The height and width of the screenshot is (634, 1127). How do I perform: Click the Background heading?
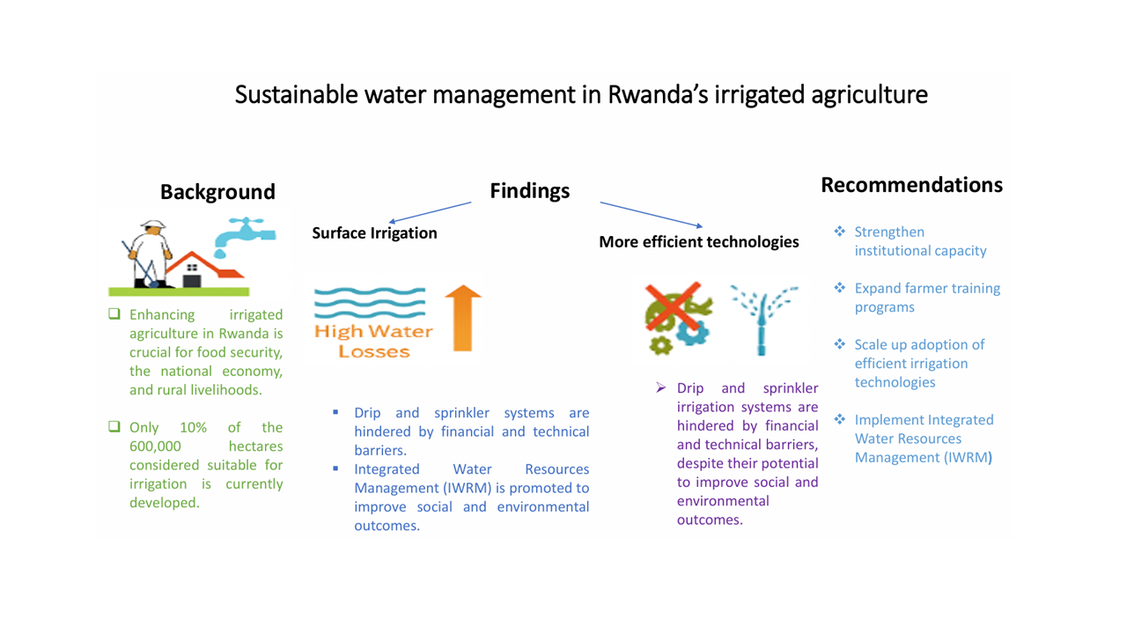click(217, 192)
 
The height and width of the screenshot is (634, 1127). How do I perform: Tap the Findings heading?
click(530, 191)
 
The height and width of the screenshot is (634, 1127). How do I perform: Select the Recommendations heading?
click(911, 185)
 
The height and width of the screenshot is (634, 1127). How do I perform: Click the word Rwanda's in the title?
click(658, 94)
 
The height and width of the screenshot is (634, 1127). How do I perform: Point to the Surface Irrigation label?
click(374, 233)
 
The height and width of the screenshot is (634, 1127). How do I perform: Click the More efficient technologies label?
click(699, 241)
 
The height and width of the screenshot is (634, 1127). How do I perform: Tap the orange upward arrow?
click(463, 318)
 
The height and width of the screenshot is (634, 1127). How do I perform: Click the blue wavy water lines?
click(370, 303)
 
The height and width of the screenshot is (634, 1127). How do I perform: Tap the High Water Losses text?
click(373, 341)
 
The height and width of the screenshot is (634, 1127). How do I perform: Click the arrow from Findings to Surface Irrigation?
click(431, 212)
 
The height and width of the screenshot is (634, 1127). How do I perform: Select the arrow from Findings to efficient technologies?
click(651, 215)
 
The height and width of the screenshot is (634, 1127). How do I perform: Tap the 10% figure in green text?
click(193, 427)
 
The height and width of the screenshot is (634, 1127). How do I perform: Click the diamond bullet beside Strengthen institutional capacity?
click(840, 232)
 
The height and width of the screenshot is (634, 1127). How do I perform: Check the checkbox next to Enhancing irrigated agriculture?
click(114, 314)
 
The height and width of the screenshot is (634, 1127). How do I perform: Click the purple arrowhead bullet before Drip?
click(661, 387)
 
